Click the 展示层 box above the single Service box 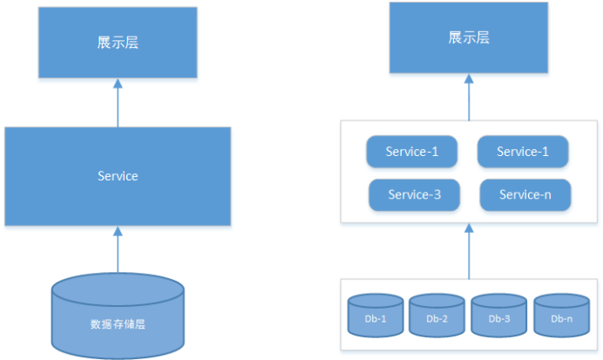click(x=118, y=43)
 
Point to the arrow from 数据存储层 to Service click(x=118, y=250)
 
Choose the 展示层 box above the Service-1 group click(x=469, y=39)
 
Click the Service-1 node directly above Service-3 click(x=411, y=152)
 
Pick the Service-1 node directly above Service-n click(x=523, y=152)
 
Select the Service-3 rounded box click(x=414, y=194)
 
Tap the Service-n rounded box click(x=525, y=194)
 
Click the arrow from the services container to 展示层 click(x=469, y=98)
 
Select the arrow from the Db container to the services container click(x=469, y=253)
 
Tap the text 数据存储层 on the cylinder click(x=118, y=324)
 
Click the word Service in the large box click(x=118, y=176)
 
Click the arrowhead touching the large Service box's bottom click(x=118, y=231)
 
